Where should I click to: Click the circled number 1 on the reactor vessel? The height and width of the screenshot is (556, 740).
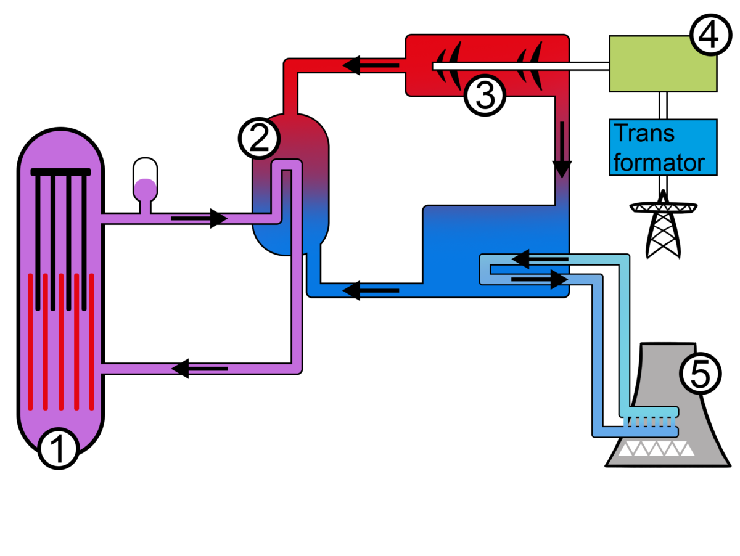pyautogui.click(x=59, y=448)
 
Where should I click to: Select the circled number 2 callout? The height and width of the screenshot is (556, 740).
pyautogui.click(x=259, y=138)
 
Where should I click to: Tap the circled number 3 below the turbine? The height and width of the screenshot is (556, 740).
pyautogui.click(x=485, y=96)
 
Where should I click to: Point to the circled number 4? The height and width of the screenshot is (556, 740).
pyautogui.click(x=710, y=35)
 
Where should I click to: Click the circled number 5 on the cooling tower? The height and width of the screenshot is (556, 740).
pyautogui.click(x=700, y=374)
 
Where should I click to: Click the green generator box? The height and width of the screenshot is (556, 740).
pyautogui.click(x=663, y=63)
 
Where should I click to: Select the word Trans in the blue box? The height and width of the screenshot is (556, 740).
pyautogui.click(x=644, y=133)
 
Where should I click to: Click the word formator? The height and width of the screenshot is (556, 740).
pyautogui.click(x=659, y=163)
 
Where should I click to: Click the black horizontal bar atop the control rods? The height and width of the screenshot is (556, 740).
pyautogui.click(x=60, y=172)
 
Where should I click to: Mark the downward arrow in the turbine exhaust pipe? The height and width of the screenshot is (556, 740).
pyautogui.click(x=562, y=150)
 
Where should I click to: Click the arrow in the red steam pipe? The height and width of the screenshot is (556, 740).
pyautogui.click(x=371, y=65)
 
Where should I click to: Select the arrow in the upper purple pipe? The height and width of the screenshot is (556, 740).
pyautogui.click(x=199, y=218)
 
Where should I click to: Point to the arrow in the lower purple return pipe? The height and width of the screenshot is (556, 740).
pyautogui.click(x=200, y=369)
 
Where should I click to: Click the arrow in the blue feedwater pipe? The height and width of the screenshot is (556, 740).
pyautogui.click(x=371, y=290)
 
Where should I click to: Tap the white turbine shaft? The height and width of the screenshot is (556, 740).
pyautogui.click(x=520, y=66)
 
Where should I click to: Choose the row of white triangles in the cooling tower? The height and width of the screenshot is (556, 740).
pyautogui.click(x=656, y=449)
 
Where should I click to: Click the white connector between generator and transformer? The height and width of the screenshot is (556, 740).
pyautogui.click(x=663, y=105)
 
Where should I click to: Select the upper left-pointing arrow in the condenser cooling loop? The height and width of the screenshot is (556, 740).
pyautogui.click(x=540, y=259)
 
